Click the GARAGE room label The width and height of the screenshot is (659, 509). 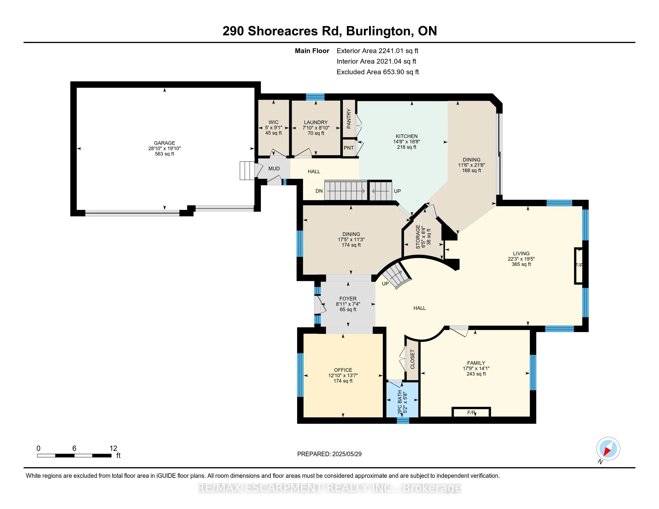point(164,143)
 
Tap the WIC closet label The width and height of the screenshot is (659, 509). point(273,122)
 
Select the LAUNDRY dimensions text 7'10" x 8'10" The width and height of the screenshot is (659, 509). point(316,128)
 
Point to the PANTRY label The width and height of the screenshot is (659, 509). point(349,119)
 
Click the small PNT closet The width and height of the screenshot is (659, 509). point(349,148)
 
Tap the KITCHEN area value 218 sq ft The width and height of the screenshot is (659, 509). point(406,147)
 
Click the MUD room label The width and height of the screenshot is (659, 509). point(274,169)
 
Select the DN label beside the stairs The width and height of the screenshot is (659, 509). point(319,191)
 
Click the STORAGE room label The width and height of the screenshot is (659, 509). point(418,237)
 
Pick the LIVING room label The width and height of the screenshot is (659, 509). point(521,254)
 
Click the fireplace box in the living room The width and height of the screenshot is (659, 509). point(578,266)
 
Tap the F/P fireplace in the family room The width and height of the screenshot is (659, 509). point(471,413)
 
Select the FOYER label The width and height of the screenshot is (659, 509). point(347,299)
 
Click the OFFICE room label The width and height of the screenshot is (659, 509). point(343,370)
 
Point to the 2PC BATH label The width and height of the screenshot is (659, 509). point(400,402)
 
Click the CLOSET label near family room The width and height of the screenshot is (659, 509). point(412,359)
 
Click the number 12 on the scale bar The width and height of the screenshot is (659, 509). point(113,449)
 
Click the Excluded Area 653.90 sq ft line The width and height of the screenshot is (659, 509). point(377,72)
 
